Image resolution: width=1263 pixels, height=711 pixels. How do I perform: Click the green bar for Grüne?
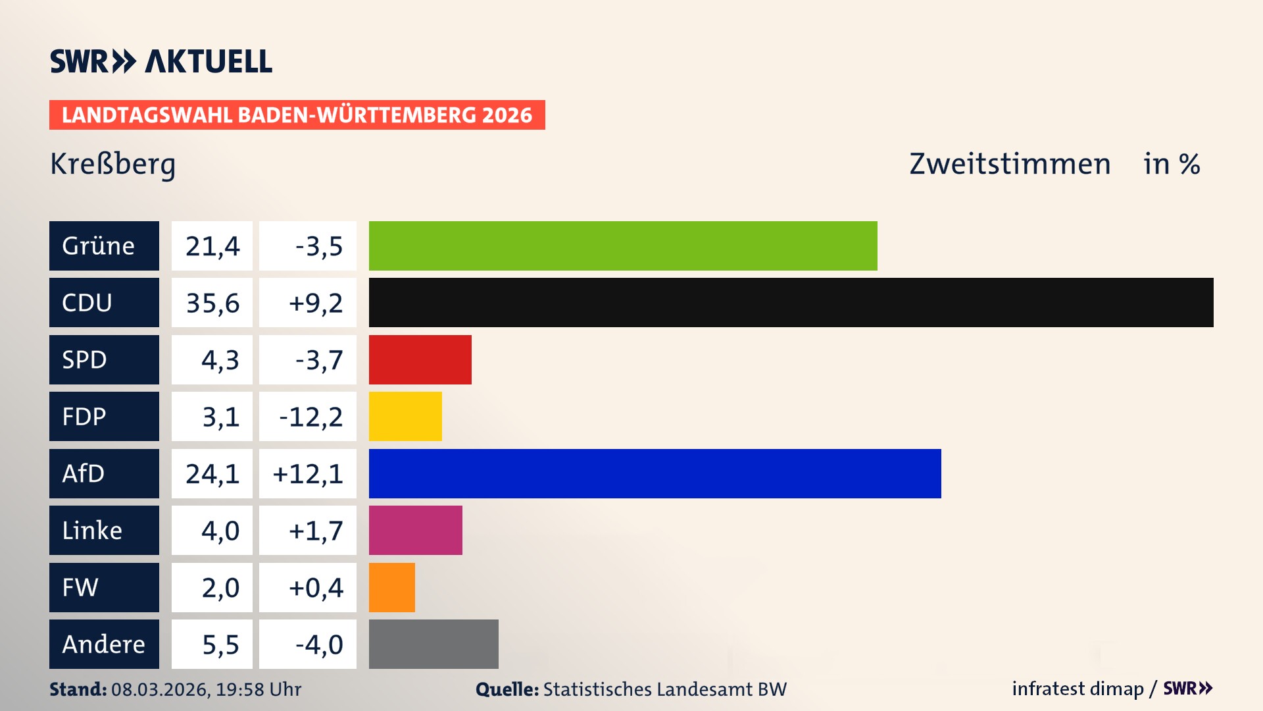623,246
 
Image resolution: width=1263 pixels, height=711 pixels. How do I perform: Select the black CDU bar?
791,303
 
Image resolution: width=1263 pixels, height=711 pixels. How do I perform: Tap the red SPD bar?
420,359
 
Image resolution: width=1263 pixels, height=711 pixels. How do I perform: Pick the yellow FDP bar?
405,416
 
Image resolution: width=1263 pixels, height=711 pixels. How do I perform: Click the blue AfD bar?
655,473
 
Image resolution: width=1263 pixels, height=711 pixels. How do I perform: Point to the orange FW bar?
391,587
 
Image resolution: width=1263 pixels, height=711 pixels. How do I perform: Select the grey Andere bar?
433,644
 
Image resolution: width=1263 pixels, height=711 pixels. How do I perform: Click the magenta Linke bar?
415,530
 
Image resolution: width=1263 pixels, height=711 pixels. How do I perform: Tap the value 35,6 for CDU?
212,303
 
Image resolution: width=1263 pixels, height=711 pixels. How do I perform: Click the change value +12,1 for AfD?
308,473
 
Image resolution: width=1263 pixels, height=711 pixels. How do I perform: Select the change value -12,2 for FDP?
310,417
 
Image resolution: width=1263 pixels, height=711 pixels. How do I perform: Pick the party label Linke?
92,530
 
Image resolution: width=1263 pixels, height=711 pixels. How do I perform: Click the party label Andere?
103,644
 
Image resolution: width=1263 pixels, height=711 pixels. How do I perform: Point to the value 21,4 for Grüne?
212,246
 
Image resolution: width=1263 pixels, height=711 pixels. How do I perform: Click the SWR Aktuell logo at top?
161,61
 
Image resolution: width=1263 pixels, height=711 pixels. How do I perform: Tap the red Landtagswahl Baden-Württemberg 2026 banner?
297,115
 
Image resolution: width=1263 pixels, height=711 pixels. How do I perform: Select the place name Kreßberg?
112,164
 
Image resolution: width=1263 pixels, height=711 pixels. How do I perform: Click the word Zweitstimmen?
1010,164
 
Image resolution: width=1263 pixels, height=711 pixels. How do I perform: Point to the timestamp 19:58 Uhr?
259,689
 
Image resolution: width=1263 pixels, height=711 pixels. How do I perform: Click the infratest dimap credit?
1077,689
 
